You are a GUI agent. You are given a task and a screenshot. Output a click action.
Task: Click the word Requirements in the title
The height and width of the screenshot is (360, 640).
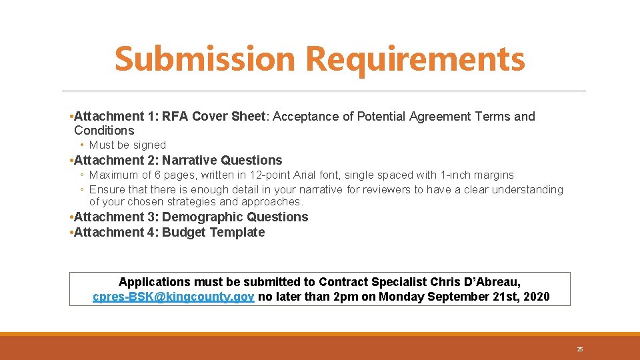tap(415, 59)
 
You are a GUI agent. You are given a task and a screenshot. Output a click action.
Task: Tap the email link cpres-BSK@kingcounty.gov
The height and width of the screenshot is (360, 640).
tap(173, 297)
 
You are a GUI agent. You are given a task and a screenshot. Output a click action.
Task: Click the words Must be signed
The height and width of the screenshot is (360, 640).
tap(127, 145)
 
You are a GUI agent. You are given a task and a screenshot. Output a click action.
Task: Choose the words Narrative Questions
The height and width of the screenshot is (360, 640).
tap(222, 160)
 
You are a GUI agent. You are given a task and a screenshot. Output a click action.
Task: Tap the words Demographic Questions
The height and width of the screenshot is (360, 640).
tap(235, 217)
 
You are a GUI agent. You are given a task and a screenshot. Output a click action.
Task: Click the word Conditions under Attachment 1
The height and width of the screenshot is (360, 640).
tap(104, 131)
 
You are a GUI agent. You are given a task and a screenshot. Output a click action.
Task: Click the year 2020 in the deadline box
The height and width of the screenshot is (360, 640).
tap(537, 297)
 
